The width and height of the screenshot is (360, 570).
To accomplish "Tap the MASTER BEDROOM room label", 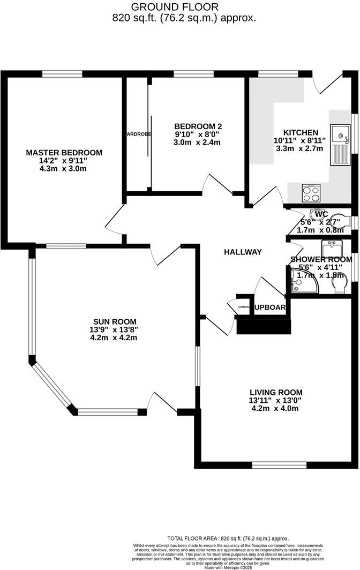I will pos(64,153).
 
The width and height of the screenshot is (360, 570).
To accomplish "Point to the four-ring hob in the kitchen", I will pos(310,192).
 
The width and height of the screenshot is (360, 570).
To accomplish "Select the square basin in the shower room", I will pos(329,249).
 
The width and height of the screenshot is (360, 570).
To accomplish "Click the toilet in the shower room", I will pos(338,288).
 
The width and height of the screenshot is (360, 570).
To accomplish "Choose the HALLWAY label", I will pos(243,252).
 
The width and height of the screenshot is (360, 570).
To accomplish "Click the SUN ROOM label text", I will pos(113,321).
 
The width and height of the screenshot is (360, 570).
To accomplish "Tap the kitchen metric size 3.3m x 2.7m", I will pos(299,148).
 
